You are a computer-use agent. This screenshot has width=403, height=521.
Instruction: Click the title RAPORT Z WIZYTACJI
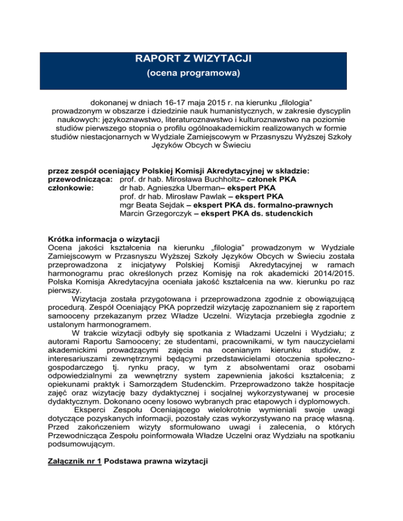pyautogui.click(x=201, y=59)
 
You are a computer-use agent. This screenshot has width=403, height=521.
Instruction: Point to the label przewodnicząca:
pyautogui.click(x=79, y=179)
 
